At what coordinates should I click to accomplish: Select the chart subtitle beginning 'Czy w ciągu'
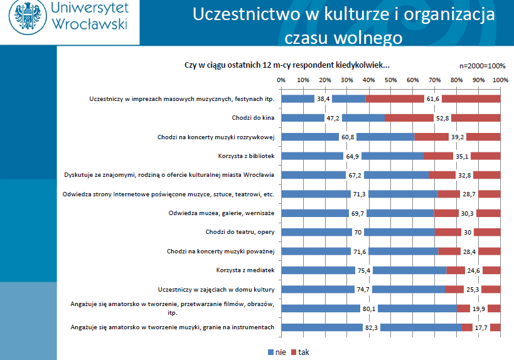click(287, 65)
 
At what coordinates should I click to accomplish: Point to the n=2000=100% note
click(483, 66)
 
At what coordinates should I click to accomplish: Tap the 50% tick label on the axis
click(391, 80)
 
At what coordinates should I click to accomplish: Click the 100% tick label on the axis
click(500, 80)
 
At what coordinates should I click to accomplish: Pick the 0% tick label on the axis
click(281, 80)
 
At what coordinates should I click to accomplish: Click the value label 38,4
click(323, 99)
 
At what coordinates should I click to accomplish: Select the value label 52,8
click(442, 118)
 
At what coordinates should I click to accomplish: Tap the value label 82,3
click(372, 327)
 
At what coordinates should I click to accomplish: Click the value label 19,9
click(479, 309)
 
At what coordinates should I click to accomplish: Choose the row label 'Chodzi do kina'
click(254, 118)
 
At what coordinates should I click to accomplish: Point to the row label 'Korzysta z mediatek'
click(245, 270)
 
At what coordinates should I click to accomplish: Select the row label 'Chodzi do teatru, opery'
click(240, 232)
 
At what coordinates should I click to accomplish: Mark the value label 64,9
click(353, 156)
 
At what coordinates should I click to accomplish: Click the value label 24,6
click(474, 270)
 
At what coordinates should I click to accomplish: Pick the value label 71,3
click(360, 194)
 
